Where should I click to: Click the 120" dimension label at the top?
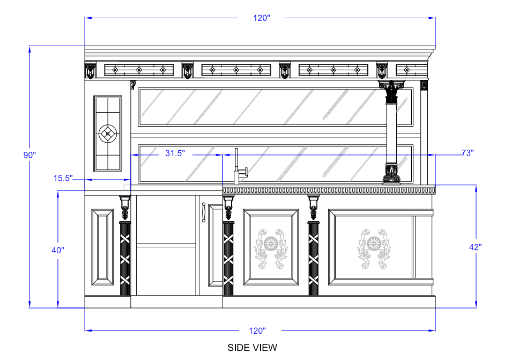coord(262,18)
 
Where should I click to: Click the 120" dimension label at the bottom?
coord(257,330)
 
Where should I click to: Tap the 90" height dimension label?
coord(29,155)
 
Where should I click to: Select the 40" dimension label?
coord(57,250)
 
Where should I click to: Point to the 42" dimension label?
coord(476,247)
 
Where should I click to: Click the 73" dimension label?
coord(468,153)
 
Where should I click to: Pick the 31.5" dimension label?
coord(175,153)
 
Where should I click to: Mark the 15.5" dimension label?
coord(63,178)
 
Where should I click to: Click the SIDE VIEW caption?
coord(252,348)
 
